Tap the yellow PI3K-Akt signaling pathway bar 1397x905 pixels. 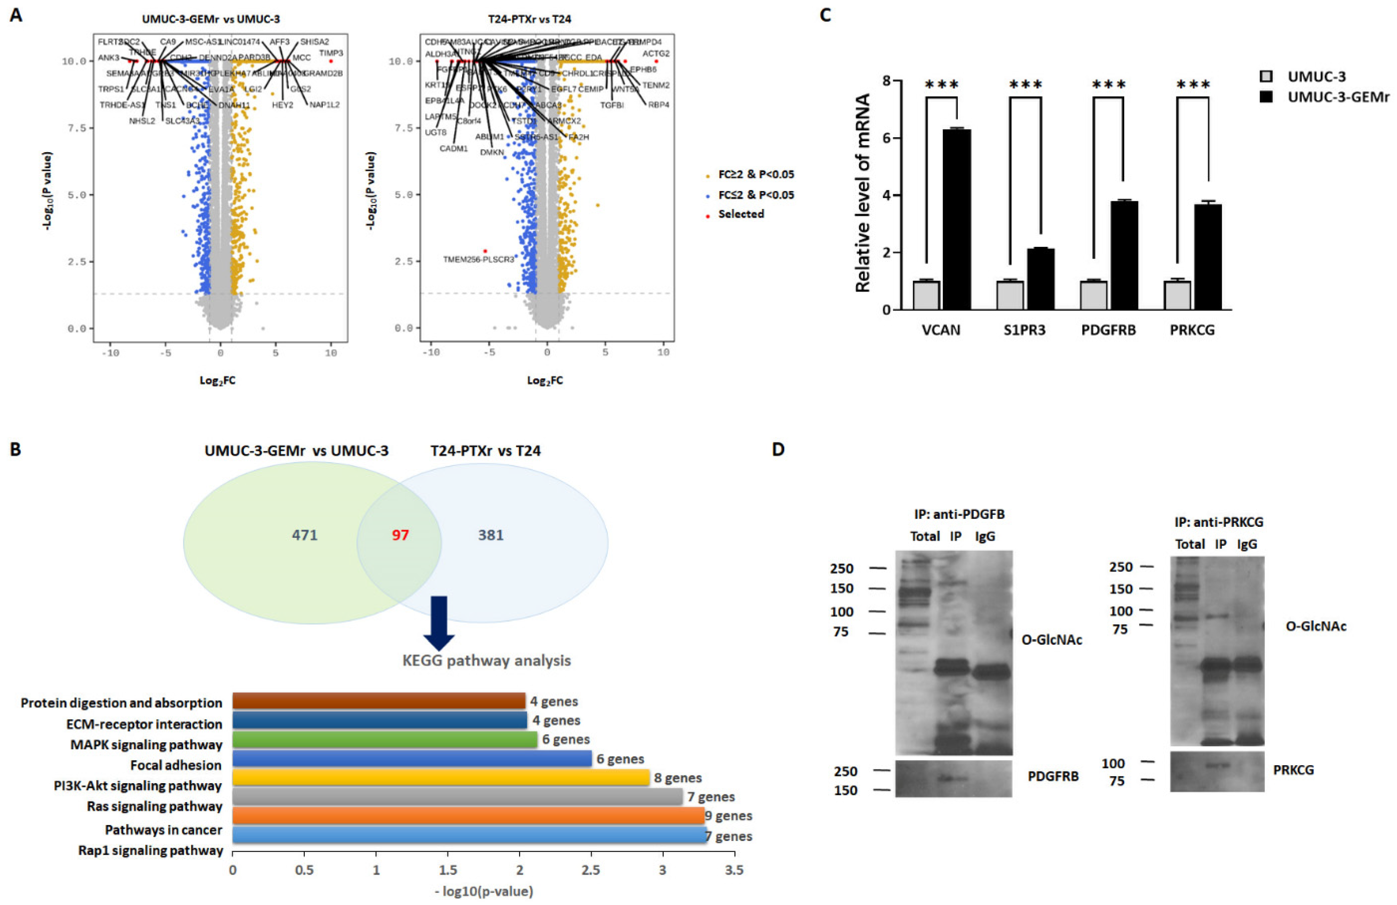pos(440,778)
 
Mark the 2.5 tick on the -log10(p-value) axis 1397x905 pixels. pos(591,870)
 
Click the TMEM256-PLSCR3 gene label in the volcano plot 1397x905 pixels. pos(479,259)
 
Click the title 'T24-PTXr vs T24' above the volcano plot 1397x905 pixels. pos(529,19)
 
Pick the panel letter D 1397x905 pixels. pos(778,450)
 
